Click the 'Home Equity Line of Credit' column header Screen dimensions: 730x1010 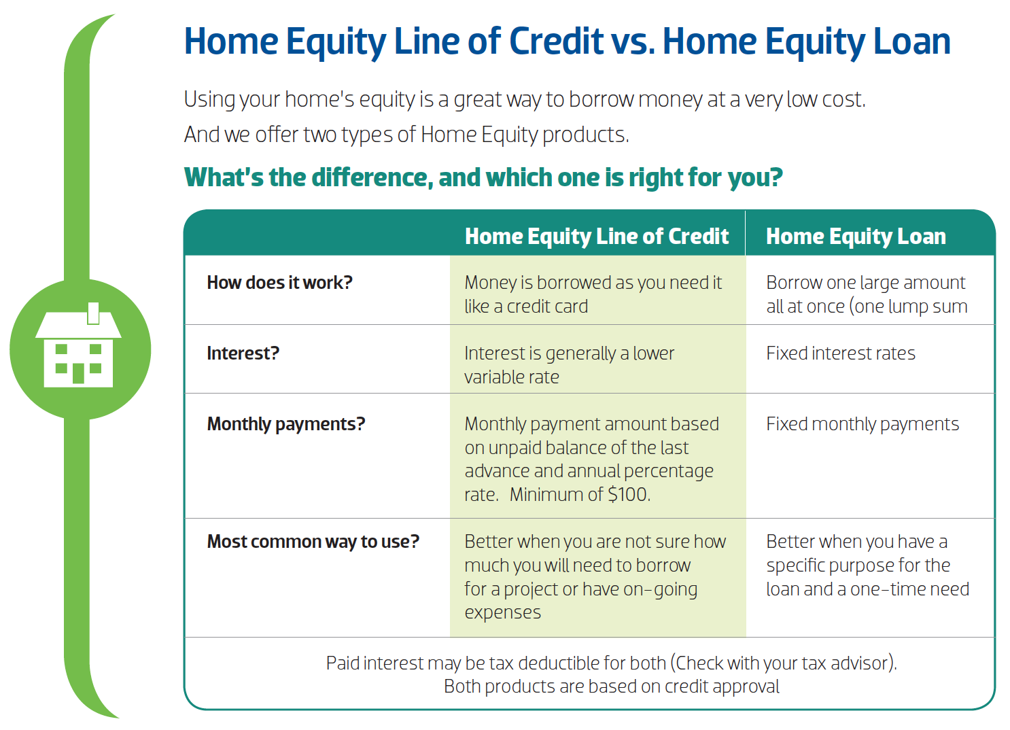(x=596, y=236)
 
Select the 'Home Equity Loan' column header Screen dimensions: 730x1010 (x=856, y=236)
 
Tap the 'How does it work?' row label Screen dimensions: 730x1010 (x=279, y=283)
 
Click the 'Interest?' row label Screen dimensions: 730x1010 (x=243, y=353)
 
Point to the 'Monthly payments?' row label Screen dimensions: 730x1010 (x=285, y=424)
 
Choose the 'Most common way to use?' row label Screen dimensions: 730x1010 (x=313, y=542)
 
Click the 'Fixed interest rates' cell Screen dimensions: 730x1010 (x=840, y=353)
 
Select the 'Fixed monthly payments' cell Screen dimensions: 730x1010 (x=862, y=424)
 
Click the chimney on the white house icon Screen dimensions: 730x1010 (x=94, y=313)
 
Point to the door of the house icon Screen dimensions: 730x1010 (x=79, y=373)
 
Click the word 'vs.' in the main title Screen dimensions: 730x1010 (x=633, y=41)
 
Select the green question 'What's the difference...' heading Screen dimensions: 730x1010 (x=483, y=177)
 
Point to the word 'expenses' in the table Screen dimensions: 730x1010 (x=502, y=612)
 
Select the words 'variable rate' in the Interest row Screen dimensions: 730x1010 (x=511, y=377)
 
